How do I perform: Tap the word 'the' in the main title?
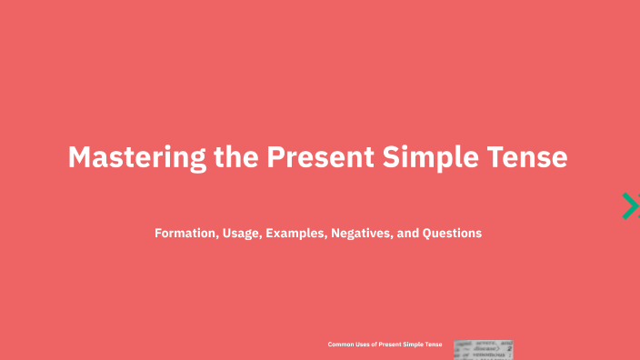[236, 157]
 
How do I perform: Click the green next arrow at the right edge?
[629, 206]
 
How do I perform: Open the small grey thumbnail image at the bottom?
[484, 350]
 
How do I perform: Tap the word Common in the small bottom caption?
[341, 345]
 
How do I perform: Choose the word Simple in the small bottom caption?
[417, 345]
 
